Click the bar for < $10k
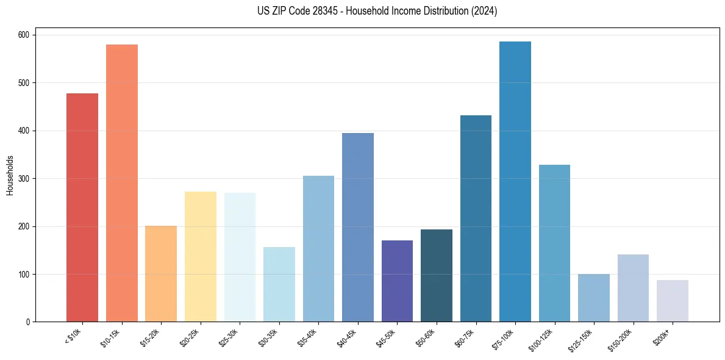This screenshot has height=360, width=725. [x=82, y=207]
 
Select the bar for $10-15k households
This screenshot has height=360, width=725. [x=122, y=183]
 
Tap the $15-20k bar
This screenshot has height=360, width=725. [x=161, y=274]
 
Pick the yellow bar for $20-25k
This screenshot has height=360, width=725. [x=201, y=257]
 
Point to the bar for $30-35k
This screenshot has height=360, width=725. [x=279, y=284]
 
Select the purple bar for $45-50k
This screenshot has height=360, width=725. [x=397, y=281]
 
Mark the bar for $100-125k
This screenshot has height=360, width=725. [x=554, y=243]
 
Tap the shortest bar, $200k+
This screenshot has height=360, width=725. [x=673, y=301]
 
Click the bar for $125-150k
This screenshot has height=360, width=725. [x=594, y=298]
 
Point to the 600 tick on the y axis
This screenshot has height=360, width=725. [x=26, y=35]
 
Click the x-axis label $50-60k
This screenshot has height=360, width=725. [x=426, y=337]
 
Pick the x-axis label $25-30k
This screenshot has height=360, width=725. [x=229, y=337]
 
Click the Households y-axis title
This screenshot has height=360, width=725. [x=10, y=175]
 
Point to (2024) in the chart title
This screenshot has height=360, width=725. [x=484, y=11]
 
